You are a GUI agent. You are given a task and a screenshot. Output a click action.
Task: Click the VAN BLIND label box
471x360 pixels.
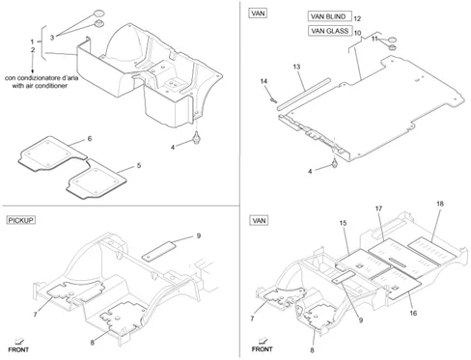click(x=329, y=16)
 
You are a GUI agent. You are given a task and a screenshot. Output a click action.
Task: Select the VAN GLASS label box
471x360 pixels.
click(x=330, y=31)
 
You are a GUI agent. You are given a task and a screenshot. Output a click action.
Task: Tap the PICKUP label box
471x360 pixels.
click(x=21, y=220)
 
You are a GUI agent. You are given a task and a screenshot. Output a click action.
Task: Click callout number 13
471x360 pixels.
click(x=296, y=67)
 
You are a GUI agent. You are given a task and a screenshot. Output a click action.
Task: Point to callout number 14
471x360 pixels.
click(x=263, y=81)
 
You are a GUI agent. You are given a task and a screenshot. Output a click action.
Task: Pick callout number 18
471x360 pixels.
click(x=440, y=204)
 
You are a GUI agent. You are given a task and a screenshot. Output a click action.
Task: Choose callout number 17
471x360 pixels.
click(x=378, y=208)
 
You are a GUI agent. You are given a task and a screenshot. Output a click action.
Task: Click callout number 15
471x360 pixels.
click(x=343, y=223)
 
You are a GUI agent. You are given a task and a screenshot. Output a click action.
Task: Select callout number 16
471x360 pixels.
click(x=413, y=313)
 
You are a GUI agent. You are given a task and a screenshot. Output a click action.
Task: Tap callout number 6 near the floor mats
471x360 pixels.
click(x=90, y=138)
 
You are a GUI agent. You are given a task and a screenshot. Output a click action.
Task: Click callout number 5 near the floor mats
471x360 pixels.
click(x=139, y=166)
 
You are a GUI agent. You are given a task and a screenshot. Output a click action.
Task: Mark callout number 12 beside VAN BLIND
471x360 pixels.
click(x=357, y=18)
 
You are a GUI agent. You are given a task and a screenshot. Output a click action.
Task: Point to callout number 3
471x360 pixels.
click(x=52, y=38)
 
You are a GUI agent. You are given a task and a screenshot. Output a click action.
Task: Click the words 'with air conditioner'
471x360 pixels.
click(x=40, y=86)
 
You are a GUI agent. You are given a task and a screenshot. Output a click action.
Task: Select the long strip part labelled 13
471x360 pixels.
click(x=304, y=94)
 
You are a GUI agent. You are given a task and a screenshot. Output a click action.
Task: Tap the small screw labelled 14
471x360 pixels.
click(x=274, y=100)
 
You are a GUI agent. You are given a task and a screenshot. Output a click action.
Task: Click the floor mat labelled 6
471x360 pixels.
click(x=52, y=153)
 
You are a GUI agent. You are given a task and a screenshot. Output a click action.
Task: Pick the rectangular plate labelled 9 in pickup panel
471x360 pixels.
click(x=159, y=251)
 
